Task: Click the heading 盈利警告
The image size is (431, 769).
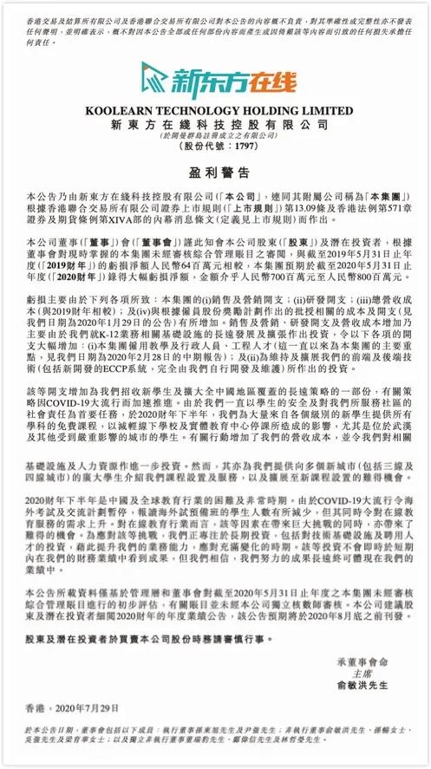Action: tap(215, 173)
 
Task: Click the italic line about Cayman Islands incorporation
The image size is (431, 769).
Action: tap(215, 136)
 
